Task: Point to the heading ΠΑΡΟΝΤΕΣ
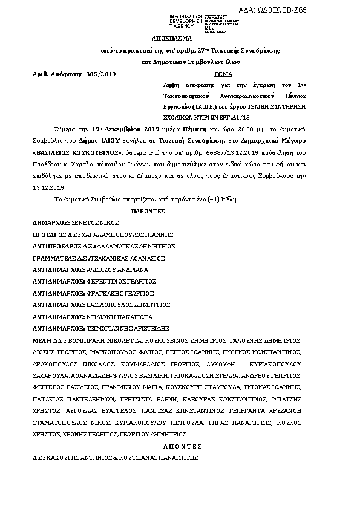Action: click(148, 212)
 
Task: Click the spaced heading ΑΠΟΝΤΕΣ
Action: click(182, 446)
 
